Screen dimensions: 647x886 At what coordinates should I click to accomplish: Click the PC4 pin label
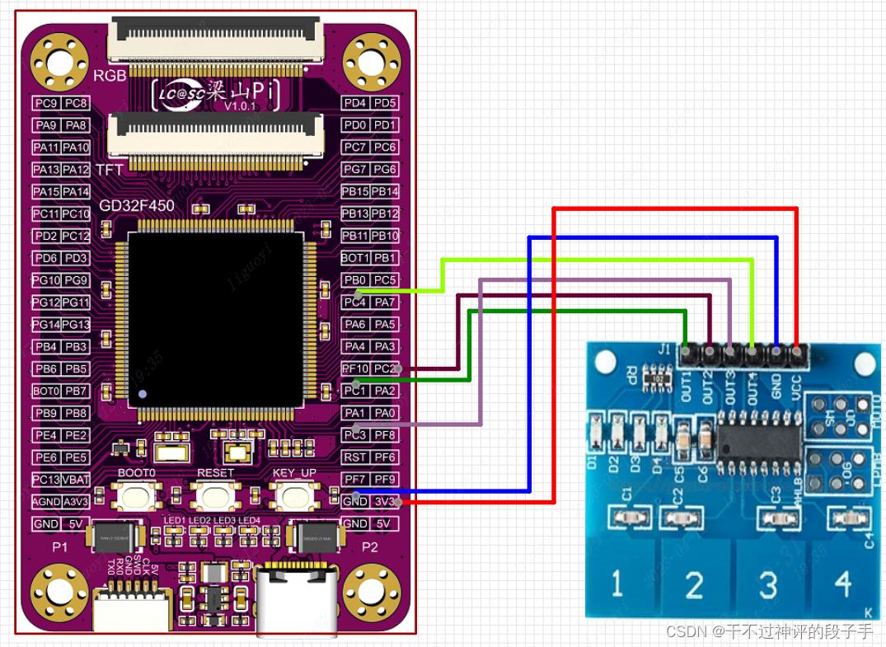[354, 302]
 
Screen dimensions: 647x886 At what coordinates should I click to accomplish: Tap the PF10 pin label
[355, 368]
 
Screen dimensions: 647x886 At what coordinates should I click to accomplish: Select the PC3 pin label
[354, 435]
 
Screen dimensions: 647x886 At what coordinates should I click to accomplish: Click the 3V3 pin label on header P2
[384, 502]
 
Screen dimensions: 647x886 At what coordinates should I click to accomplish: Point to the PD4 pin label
[354, 103]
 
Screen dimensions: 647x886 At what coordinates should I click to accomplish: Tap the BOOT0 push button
[136, 497]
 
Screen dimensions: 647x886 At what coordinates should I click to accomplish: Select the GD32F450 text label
[137, 206]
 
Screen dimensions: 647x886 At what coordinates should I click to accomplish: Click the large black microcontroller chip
[216, 320]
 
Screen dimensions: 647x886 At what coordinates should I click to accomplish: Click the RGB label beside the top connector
[110, 75]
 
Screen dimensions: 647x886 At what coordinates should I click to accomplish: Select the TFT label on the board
[110, 170]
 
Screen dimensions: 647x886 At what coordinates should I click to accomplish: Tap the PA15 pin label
[45, 191]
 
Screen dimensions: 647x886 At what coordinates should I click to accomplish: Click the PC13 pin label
[45, 480]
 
